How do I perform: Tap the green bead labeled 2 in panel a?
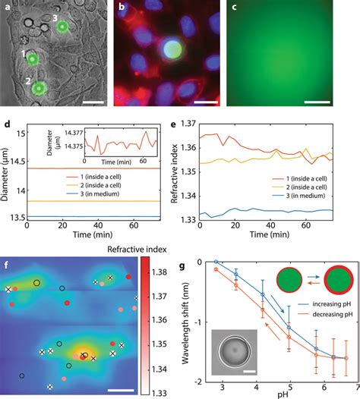pyautogui.click(x=36, y=89)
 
